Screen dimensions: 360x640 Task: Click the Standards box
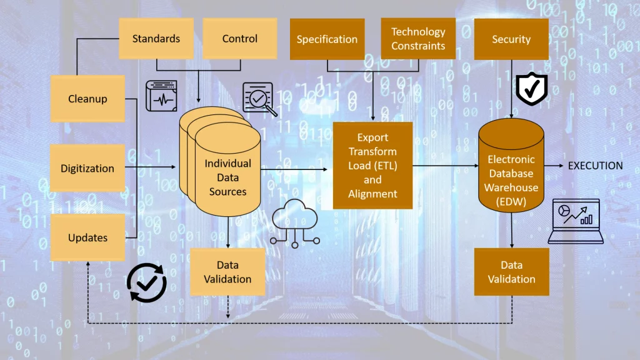(x=156, y=39)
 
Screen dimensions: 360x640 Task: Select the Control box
(x=239, y=39)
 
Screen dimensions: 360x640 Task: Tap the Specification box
(x=327, y=39)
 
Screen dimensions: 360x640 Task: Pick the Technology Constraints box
(x=418, y=39)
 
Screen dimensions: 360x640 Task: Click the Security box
(x=511, y=39)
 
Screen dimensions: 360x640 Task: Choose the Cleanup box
(x=87, y=99)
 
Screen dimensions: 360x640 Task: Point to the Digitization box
(x=87, y=168)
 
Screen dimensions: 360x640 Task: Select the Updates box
(x=87, y=237)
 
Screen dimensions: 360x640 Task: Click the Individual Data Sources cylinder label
(x=227, y=177)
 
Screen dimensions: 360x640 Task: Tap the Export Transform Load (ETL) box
(x=372, y=166)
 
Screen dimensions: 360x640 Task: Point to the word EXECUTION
(x=595, y=166)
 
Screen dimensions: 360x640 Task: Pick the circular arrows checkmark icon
(x=146, y=283)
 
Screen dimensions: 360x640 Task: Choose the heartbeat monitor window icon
(x=161, y=96)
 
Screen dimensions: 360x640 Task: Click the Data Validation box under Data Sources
(x=227, y=272)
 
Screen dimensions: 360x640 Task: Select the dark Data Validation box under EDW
(x=511, y=272)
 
